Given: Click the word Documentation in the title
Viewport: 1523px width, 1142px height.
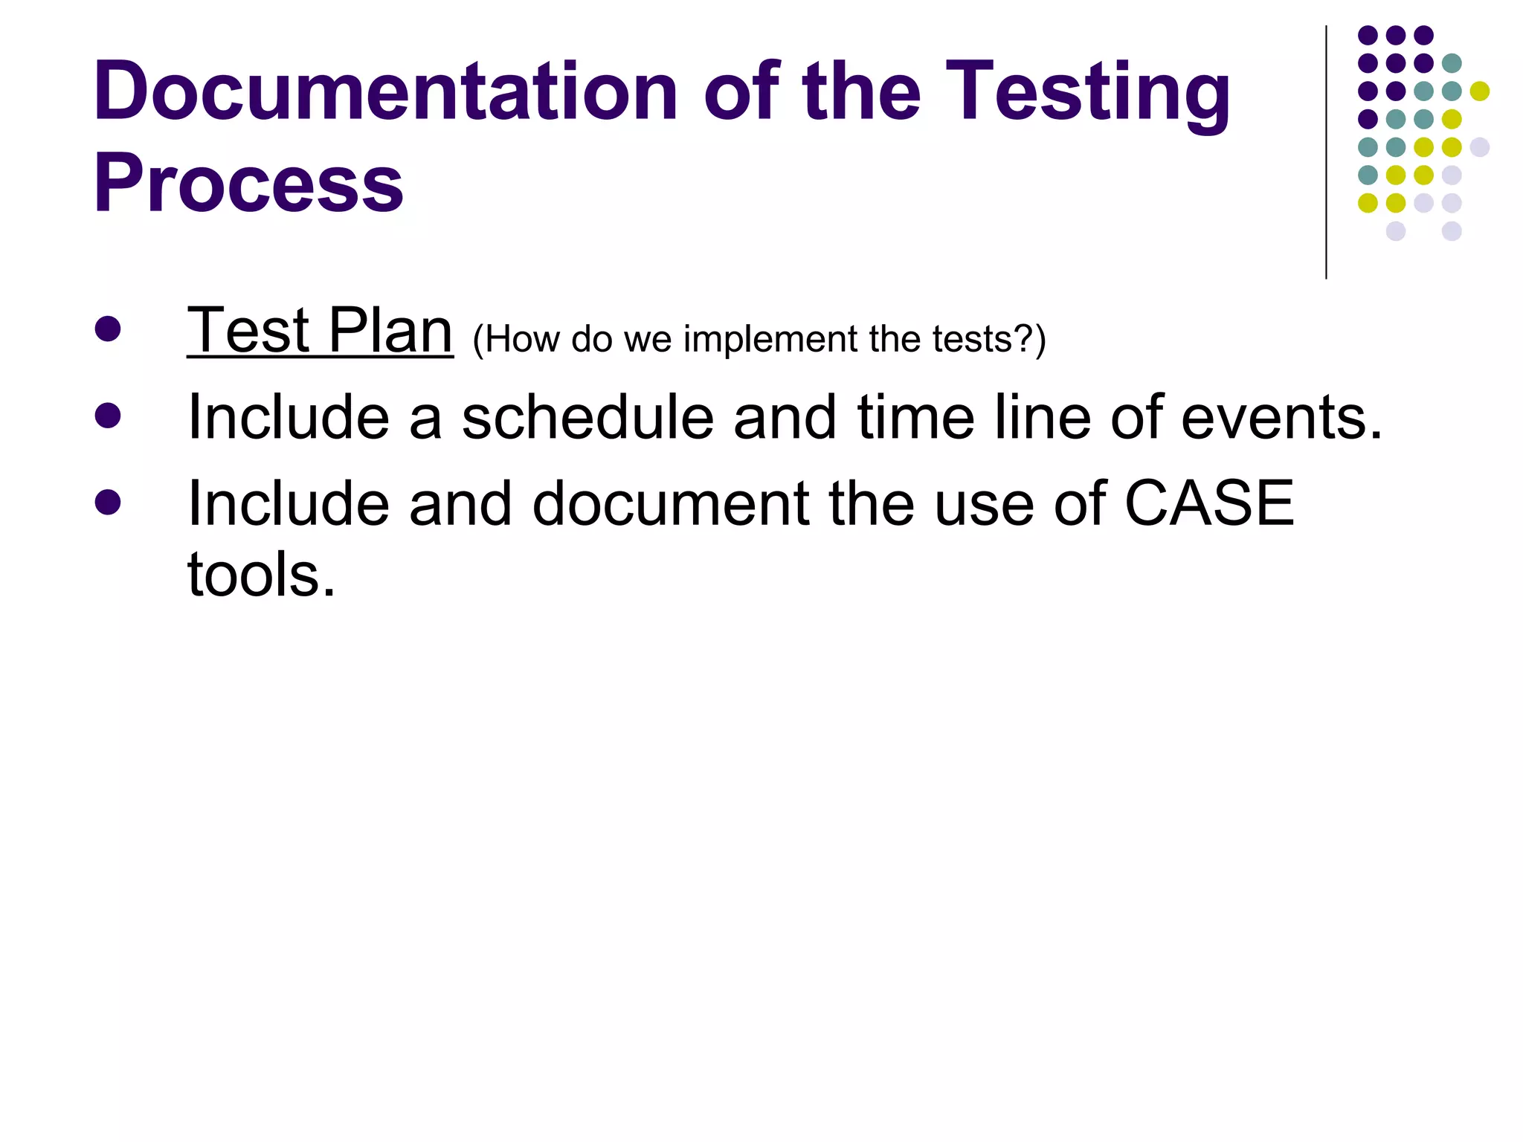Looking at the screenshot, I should [385, 91].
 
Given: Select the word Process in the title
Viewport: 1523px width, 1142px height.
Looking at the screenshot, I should [248, 183].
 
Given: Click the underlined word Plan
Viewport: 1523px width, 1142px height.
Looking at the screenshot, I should [390, 331].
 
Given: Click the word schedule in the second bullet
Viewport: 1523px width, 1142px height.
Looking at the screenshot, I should [587, 418].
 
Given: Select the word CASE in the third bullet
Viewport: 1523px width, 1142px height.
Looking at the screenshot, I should [1209, 503].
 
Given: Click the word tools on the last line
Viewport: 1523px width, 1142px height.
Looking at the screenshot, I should [260, 575].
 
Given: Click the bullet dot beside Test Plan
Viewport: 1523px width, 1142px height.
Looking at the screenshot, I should [108, 329].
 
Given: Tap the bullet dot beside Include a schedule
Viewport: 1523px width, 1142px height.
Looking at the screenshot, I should [108, 416].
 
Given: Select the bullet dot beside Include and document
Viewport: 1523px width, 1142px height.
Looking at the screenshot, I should [108, 502].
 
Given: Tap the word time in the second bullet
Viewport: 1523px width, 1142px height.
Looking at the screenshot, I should [915, 418].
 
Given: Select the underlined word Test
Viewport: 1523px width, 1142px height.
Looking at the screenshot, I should [248, 331].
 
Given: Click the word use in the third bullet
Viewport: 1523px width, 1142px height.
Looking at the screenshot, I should [984, 503].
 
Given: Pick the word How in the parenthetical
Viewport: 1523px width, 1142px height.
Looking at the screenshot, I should [523, 340].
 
